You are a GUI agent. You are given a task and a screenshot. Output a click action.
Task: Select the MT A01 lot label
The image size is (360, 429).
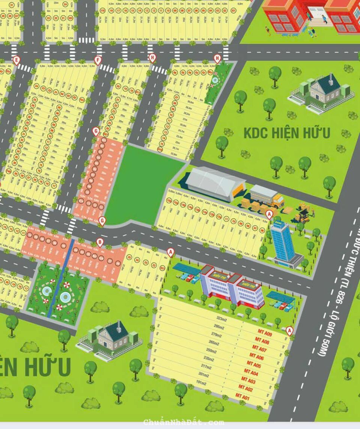[x=242, y=396]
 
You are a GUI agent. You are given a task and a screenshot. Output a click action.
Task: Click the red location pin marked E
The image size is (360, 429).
[x=16, y=60]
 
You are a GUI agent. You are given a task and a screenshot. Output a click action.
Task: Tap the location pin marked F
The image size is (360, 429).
[x=98, y=60]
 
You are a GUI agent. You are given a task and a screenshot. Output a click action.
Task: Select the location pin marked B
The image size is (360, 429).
[x=100, y=243]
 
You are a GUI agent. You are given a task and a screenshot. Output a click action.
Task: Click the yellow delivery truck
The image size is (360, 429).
[x=267, y=196]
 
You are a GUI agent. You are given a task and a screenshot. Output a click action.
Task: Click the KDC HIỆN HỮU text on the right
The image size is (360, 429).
[x=287, y=133]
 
